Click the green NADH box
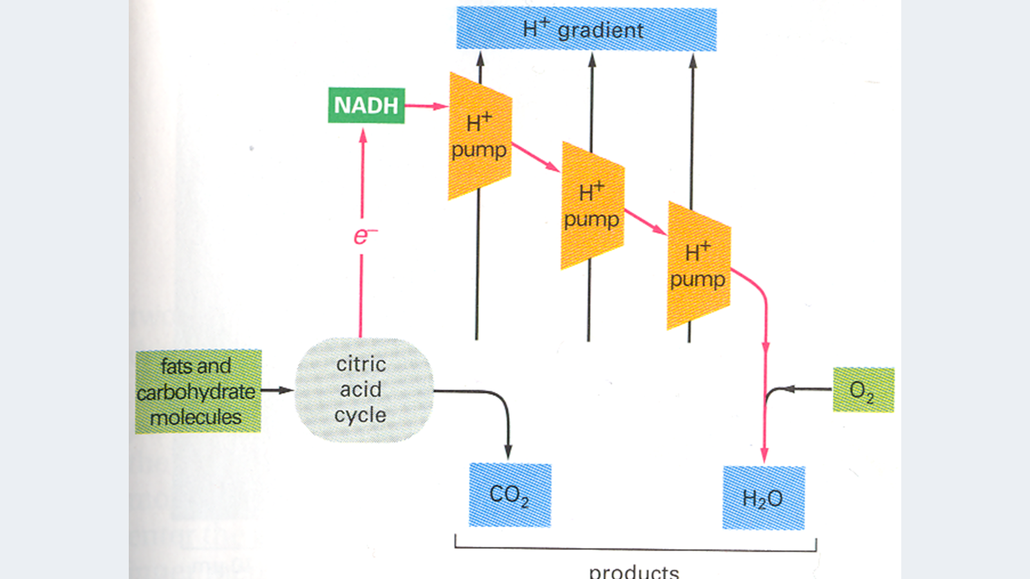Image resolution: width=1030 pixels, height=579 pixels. click(366, 106)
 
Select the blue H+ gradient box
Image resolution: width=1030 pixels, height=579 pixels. click(586, 30)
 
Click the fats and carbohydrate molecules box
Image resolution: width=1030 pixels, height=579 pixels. click(198, 391)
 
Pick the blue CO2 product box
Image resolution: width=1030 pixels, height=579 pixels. click(510, 495)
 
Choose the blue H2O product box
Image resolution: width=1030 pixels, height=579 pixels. click(763, 498)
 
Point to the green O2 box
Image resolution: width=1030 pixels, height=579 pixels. click(863, 390)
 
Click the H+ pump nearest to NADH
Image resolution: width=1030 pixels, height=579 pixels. click(480, 136)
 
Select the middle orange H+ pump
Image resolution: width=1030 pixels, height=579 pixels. click(592, 205)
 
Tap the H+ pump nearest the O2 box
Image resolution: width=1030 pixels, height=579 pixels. click(698, 265)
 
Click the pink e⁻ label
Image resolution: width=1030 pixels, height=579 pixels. click(364, 237)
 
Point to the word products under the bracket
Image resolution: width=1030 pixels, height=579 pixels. click(633, 571)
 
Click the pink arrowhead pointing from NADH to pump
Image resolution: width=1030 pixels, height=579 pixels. click(441, 106)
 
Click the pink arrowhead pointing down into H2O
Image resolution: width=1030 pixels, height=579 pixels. click(764, 455)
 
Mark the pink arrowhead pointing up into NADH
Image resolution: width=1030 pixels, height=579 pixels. click(363, 135)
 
